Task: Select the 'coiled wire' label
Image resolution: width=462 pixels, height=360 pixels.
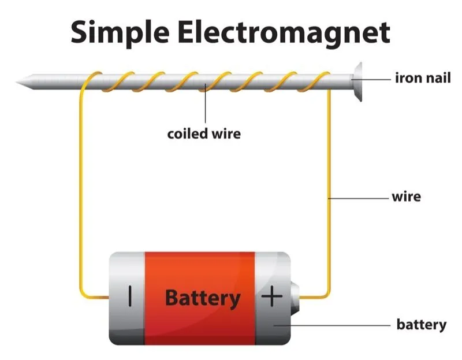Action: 204,134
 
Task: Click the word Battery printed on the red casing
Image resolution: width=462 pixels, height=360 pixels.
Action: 202,298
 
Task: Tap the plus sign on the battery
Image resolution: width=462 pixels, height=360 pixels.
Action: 272,297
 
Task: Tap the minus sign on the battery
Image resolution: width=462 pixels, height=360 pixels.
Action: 131,297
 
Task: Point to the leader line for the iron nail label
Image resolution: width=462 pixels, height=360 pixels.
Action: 375,77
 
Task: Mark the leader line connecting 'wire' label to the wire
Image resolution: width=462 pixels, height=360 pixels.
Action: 358,198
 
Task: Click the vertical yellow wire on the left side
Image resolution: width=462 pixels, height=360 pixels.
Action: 80,191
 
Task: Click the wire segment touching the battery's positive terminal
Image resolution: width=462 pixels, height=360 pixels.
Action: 315,297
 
